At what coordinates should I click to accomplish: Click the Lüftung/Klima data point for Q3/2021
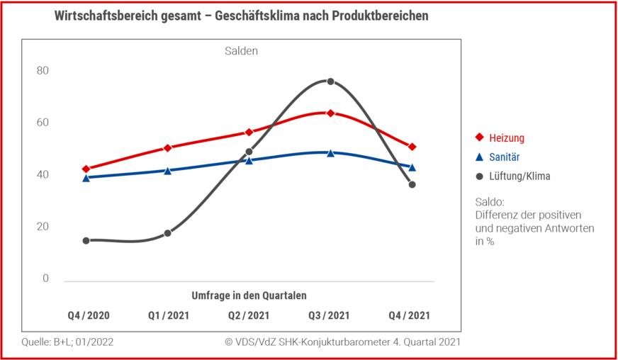click(x=330, y=81)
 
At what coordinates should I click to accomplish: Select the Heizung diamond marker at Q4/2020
click(x=86, y=169)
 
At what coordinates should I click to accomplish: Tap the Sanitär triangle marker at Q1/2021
click(x=167, y=171)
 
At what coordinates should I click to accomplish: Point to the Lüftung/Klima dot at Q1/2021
click(x=167, y=233)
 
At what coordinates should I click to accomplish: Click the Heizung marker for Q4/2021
click(x=412, y=147)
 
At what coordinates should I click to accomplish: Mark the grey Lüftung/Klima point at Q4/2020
click(x=86, y=241)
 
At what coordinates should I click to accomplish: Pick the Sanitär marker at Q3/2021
click(x=330, y=152)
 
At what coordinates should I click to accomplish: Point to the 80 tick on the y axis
click(x=43, y=70)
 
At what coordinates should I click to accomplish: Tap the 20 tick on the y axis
click(x=43, y=227)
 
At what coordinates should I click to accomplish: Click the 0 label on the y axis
click(x=45, y=279)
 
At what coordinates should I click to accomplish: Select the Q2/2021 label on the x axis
click(x=249, y=315)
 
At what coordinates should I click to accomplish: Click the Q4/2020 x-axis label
click(x=89, y=315)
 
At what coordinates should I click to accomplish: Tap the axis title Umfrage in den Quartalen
click(x=249, y=295)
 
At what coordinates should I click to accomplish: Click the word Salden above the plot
click(x=241, y=51)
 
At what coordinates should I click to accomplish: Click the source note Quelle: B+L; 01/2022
click(x=67, y=342)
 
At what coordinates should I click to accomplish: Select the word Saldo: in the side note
click(x=490, y=202)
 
